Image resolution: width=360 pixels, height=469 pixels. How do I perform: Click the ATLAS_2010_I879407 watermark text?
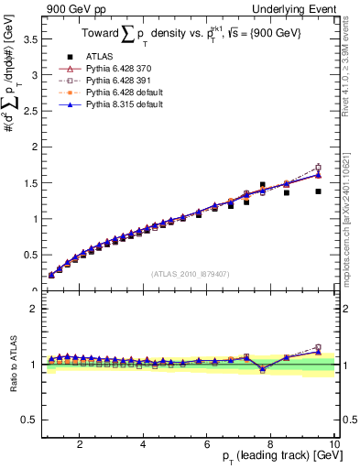[x=190, y=273]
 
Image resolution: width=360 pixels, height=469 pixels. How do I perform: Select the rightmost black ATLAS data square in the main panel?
[x=318, y=191]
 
